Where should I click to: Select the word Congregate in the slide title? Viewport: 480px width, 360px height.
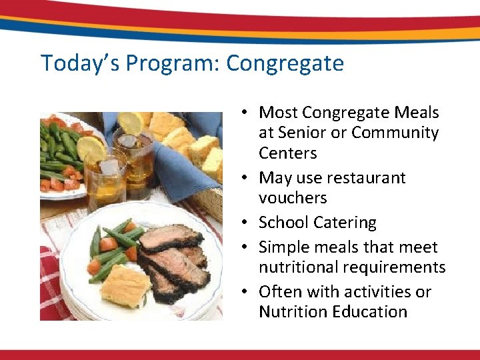(285, 63)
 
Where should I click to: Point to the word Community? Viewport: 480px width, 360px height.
(395, 133)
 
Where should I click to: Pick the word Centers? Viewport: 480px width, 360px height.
(287, 153)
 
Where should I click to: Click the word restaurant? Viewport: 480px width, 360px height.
(366, 178)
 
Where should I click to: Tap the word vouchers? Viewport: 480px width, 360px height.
(293, 198)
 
